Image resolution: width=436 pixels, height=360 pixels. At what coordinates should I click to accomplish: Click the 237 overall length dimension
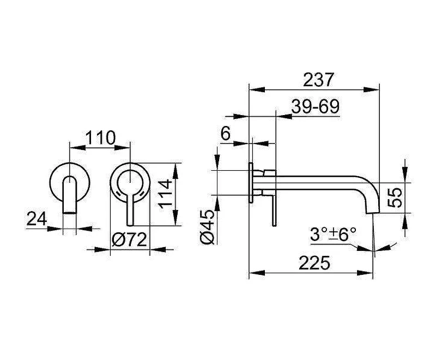pos(318,80)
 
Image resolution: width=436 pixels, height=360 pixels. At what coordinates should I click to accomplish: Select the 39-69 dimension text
pos(316,106)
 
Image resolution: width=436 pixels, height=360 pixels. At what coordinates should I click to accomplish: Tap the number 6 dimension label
pos(226,134)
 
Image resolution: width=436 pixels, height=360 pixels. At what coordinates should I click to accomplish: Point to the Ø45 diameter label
pos(208,227)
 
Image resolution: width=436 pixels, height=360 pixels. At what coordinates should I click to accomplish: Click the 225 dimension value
pos(314,262)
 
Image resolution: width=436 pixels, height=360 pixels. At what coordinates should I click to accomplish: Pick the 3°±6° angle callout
pos(333,234)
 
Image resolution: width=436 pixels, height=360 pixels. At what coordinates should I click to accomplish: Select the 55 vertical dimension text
pos(395,198)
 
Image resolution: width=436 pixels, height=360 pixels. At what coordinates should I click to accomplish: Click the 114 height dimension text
pos(166,194)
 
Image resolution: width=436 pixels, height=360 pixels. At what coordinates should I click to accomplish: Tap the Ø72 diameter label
pos(129,239)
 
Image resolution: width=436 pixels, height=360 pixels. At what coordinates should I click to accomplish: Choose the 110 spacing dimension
pos(100,137)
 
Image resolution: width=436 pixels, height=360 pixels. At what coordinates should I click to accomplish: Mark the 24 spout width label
pos(37,218)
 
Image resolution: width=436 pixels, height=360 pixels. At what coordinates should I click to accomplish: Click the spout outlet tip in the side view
pos(372,212)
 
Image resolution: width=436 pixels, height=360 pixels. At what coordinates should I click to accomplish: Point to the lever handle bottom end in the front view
pos(130,225)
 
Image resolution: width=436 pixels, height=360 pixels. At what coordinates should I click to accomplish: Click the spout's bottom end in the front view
pos(69,213)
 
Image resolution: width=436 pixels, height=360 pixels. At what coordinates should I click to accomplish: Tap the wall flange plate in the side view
pos(251,183)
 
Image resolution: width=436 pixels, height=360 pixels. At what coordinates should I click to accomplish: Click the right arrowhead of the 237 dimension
pos(372,89)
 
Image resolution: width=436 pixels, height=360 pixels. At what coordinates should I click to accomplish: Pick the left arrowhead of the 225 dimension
pos(257,273)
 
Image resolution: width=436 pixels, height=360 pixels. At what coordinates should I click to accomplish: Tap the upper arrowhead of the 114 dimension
pos(175,171)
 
